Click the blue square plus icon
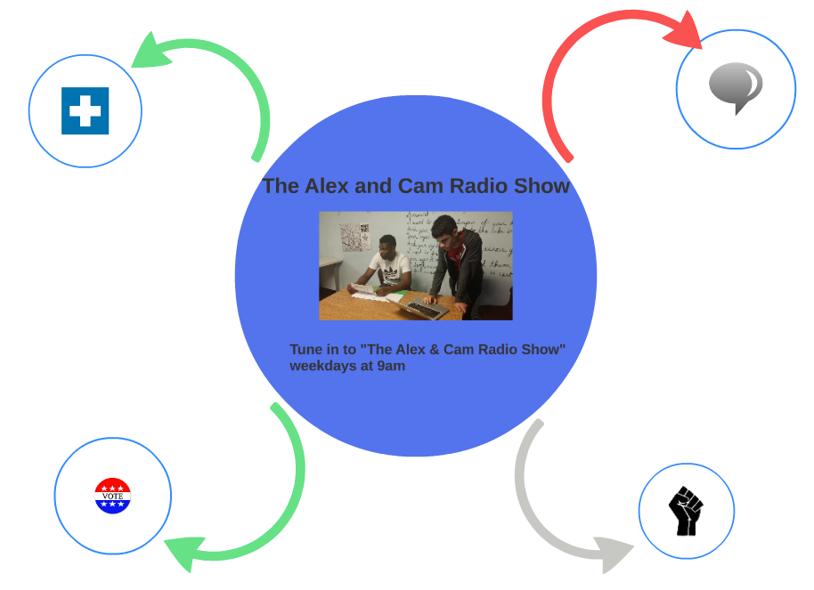(85, 111)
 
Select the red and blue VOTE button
(112, 496)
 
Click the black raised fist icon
(686, 511)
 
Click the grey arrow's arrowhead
(615, 554)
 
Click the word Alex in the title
(327, 186)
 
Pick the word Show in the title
(542, 186)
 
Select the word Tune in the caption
(307, 349)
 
